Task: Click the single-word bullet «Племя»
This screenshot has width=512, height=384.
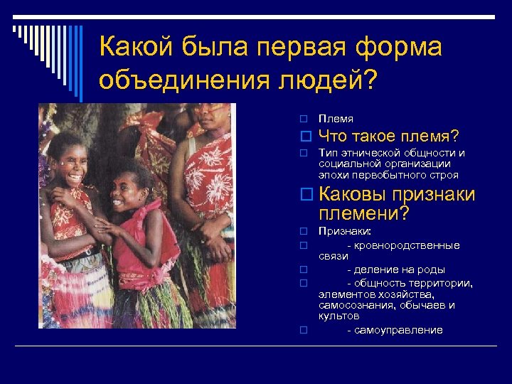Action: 336,119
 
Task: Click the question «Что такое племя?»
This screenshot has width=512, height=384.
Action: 388,136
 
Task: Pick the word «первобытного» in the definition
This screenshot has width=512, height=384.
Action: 390,174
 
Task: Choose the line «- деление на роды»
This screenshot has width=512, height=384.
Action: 395,270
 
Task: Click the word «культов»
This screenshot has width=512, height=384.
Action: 338,316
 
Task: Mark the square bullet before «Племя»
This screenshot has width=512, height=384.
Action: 302,119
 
